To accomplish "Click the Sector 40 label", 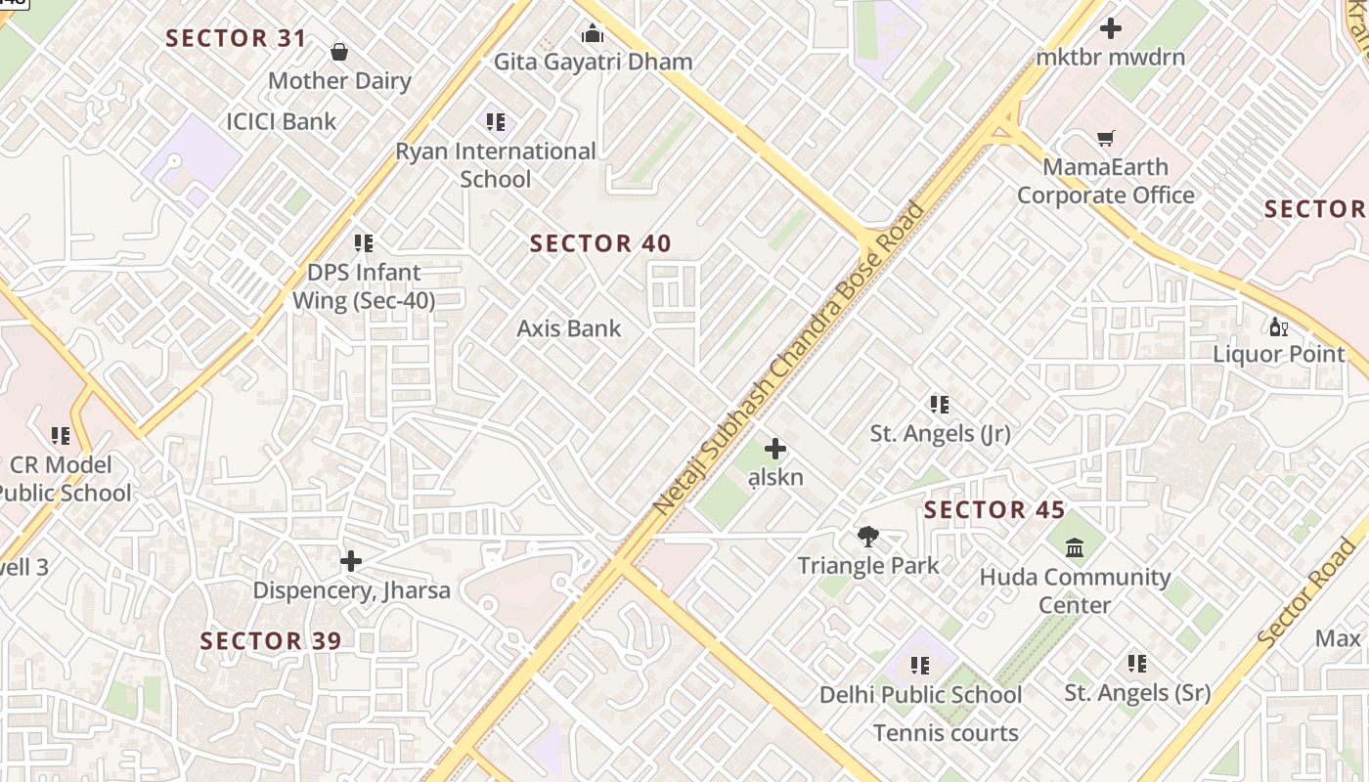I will coord(600,243).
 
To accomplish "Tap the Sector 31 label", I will coord(236,38).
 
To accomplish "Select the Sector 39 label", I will coord(271,641).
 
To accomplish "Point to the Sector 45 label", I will coord(994,509).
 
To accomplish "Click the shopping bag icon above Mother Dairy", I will coord(339,51).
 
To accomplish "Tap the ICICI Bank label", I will coord(281,121).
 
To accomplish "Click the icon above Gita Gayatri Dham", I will coord(593,34).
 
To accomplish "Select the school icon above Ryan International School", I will coord(496,122).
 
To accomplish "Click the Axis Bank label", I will coord(568,328).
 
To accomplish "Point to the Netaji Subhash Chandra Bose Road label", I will coord(789,358).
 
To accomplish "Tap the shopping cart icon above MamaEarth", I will coord(1105,139).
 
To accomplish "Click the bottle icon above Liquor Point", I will coord(1278,326).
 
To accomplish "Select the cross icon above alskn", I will coord(775,449).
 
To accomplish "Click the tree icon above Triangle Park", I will coord(867,537).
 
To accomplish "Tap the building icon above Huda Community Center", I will coord(1075,547).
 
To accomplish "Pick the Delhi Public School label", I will coord(920,695).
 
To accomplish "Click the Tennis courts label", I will coord(946,732).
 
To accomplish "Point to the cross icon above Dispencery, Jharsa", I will coord(351,561).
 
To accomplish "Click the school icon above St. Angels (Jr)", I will coord(940,404).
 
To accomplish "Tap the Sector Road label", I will coord(1308,592).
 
